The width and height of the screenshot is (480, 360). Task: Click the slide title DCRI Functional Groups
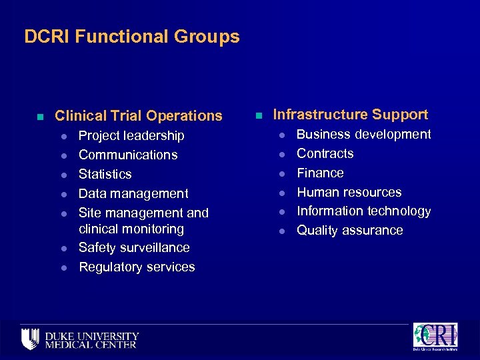coord(132,36)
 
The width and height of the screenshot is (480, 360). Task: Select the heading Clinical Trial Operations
coord(138,116)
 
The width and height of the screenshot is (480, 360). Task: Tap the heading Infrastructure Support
coord(351,115)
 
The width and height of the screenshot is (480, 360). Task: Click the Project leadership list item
coord(131,136)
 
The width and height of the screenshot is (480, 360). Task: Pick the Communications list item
coord(128,155)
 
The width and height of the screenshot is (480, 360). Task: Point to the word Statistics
coord(105,174)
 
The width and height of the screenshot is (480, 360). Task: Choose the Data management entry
coord(133,193)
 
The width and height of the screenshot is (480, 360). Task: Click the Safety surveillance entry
coord(134,248)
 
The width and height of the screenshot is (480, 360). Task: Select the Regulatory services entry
coord(137,267)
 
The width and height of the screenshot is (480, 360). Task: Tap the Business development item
coord(364,135)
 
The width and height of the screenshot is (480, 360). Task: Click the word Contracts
coord(325,153)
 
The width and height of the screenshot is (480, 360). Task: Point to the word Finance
coord(321,173)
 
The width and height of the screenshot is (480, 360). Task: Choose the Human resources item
coord(349,192)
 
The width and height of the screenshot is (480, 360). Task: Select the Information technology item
coord(364,211)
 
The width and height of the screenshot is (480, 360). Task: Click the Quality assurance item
coord(350,231)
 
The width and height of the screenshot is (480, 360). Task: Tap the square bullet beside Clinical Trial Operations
coord(41,117)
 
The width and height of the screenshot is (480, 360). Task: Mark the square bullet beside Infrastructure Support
coord(259,115)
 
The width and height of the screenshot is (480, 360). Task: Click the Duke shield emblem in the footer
coord(30,339)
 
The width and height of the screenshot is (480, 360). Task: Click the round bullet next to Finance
coord(283,173)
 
